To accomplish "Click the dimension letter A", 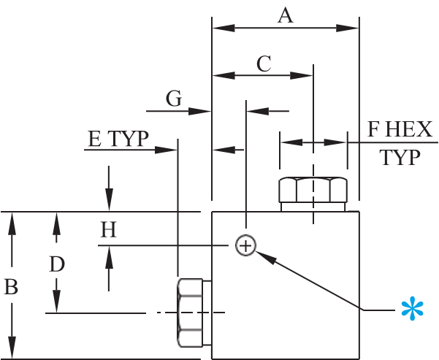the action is [x=286, y=15].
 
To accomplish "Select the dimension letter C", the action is [x=264, y=64].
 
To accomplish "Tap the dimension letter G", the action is [x=174, y=99].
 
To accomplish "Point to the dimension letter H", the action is [x=108, y=229].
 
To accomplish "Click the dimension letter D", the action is [x=57, y=264].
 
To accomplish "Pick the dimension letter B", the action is [x=11, y=287].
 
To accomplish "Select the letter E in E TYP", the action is [x=95, y=139].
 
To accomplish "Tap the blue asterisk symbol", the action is [x=412, y=310].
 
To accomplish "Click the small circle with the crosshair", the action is [x=245, y=245].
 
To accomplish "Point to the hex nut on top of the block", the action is [x=313, y=194].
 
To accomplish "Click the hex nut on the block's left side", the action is [x=194, y=313].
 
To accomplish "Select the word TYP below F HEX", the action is [x=400, y=157].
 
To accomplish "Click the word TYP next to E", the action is [x=128, y=139].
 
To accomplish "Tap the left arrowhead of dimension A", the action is [x=224, y=28].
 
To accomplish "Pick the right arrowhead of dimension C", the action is [x=301, y=76].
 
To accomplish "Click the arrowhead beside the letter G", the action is [x=199, y=111].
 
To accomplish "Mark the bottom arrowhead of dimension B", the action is [x=12, y=348].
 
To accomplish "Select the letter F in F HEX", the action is [x=374, y=129].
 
